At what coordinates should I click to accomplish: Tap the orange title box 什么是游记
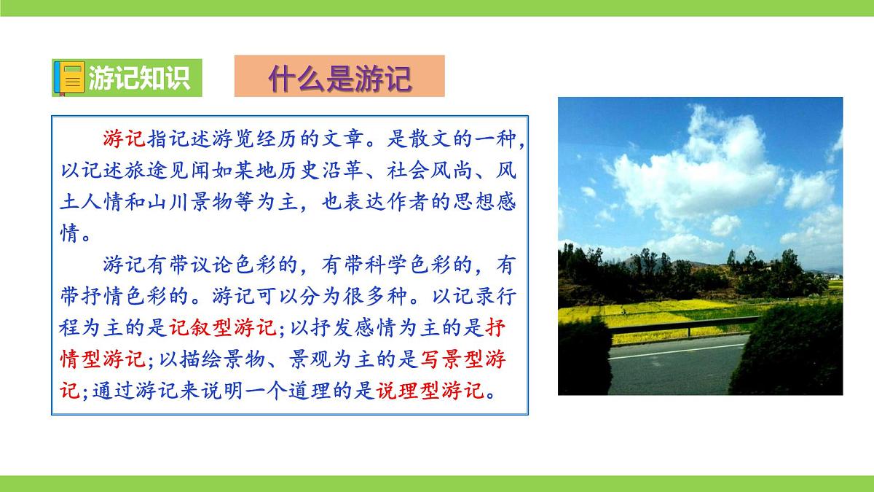tap(339, 77)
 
